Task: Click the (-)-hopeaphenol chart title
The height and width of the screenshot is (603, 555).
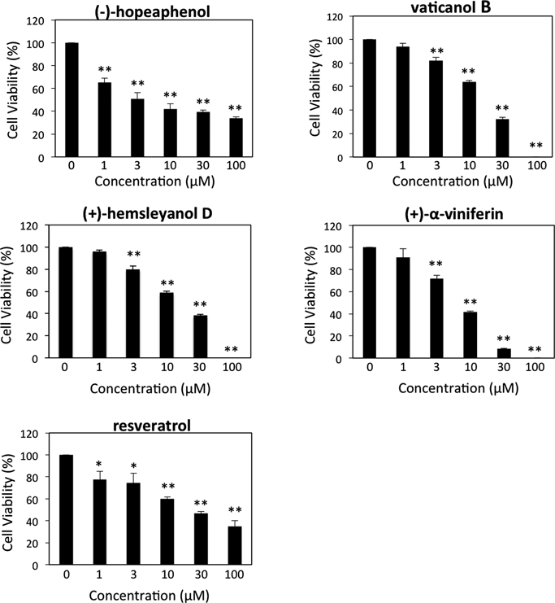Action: pyautogui.click(x=153, y=11)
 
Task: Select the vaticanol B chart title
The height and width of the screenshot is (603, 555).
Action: pyautogui.click(x=451, y=7)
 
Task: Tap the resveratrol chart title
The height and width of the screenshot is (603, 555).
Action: pyautogui.click(x=152, y=426)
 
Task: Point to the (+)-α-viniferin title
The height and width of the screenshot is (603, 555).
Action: pyautogui.click(x=454, y=214)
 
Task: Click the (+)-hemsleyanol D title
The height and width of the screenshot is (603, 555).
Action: pyautogui.click(x=148, y=213)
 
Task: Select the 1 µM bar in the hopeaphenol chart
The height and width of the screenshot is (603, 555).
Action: pyautogui.click(x=105, y=120)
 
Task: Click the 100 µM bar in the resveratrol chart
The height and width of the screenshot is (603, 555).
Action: pyautogui.click(x=235, y=545)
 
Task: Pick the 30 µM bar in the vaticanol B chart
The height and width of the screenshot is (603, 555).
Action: pyautogui.click(x=502, y=138)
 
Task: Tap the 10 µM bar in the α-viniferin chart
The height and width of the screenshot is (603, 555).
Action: pyautogui.click(x=470, y=335)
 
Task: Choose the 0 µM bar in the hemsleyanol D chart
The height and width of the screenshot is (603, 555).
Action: pyautogui.click(x=66, y=303)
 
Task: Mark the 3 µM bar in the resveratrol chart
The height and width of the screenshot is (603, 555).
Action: pyautogui.click(x=133, y=524)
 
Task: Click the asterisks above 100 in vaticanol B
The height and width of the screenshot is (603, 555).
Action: pyautogui.click(x=535, y=146)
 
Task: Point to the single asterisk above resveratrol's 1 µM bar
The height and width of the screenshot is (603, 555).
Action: pyautogui.click(x=99, y=464)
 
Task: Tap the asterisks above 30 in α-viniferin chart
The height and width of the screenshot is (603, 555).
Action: pyautogui.click(x=504, y=339)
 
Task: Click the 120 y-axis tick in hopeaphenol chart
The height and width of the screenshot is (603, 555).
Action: pyautogui.click(x=35, y=20)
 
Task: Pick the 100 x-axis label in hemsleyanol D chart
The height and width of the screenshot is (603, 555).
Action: pyautogui.click(x=232, y=367)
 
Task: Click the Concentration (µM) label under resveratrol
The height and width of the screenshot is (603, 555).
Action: pyautogui.click(x=150, y=596)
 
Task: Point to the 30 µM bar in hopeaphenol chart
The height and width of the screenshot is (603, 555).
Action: pyautogui.click(x=203, y=134)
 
